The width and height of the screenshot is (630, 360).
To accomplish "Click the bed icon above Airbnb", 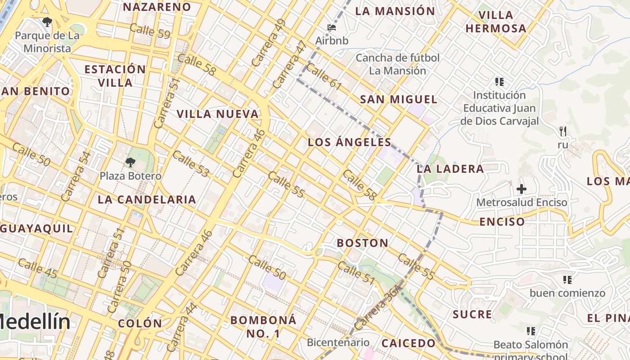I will tap(332, 27).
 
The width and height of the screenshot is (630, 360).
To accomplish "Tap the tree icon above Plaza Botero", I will tap(130, 162).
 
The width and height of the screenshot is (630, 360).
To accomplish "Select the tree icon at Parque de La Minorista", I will tap(47, 22).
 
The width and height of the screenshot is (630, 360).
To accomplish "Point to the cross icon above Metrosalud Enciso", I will tap(522, 189).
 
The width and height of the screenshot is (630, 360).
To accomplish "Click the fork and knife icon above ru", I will tap(562, 131).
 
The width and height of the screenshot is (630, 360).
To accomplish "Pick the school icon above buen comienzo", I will tap(567, 280).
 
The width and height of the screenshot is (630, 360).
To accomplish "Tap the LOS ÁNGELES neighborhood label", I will tap(349, 143).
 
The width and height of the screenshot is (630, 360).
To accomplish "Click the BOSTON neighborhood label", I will tap(363, 243).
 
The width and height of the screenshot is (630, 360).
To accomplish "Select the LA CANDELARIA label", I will tap(147, 200).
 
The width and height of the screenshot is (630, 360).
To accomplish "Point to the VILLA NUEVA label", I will tap(218, 114).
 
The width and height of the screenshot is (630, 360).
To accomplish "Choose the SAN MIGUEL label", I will tap(398, 100).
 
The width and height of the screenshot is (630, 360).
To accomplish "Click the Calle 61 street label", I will tap(324, 77).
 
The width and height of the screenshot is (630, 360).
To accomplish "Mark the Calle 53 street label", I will tap(191, 164).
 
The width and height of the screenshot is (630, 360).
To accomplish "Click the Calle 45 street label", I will tap(38, 268).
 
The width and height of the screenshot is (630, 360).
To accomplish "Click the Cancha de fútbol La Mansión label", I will tap(397, 64).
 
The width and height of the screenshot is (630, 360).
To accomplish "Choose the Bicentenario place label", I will tap(338, 342).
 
